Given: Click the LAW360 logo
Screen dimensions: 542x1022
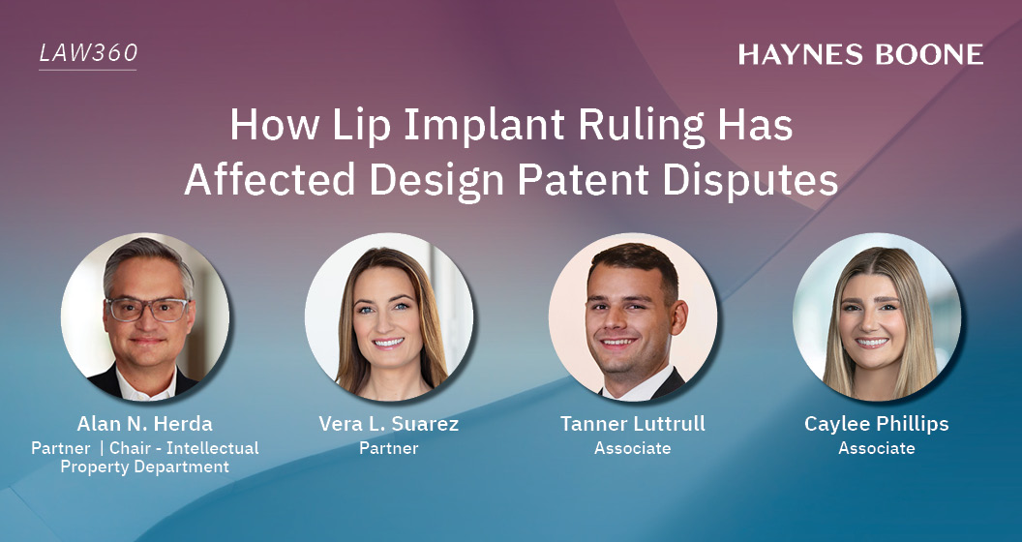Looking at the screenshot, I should coord(87,54).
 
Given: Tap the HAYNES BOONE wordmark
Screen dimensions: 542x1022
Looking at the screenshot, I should coord(860,55).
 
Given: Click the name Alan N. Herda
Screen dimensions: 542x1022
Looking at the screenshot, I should coord(144,424).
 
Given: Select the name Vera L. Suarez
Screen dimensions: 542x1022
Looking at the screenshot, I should coord(388,424).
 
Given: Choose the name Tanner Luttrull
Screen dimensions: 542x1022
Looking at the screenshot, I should coord(632,424).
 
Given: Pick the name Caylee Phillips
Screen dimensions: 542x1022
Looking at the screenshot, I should coord(876,424).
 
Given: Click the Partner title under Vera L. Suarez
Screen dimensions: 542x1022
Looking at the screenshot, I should coord(388,448).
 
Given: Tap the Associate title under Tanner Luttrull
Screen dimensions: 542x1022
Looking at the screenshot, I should coord(632,448).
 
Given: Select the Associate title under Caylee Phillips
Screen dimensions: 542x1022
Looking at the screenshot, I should coord(876,448).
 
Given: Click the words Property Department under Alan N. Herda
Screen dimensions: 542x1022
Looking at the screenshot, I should coord(144,467).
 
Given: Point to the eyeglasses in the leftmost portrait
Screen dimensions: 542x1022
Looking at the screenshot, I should coord(146,310).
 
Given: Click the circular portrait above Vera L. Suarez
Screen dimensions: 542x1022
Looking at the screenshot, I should coord(388,316).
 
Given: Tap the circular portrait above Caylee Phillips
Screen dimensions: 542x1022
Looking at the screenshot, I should coord(876,316).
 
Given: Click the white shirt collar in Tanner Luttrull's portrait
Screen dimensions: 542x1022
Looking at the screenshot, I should coord(631,385).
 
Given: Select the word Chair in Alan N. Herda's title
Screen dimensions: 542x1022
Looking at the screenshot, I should coord(132,448).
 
